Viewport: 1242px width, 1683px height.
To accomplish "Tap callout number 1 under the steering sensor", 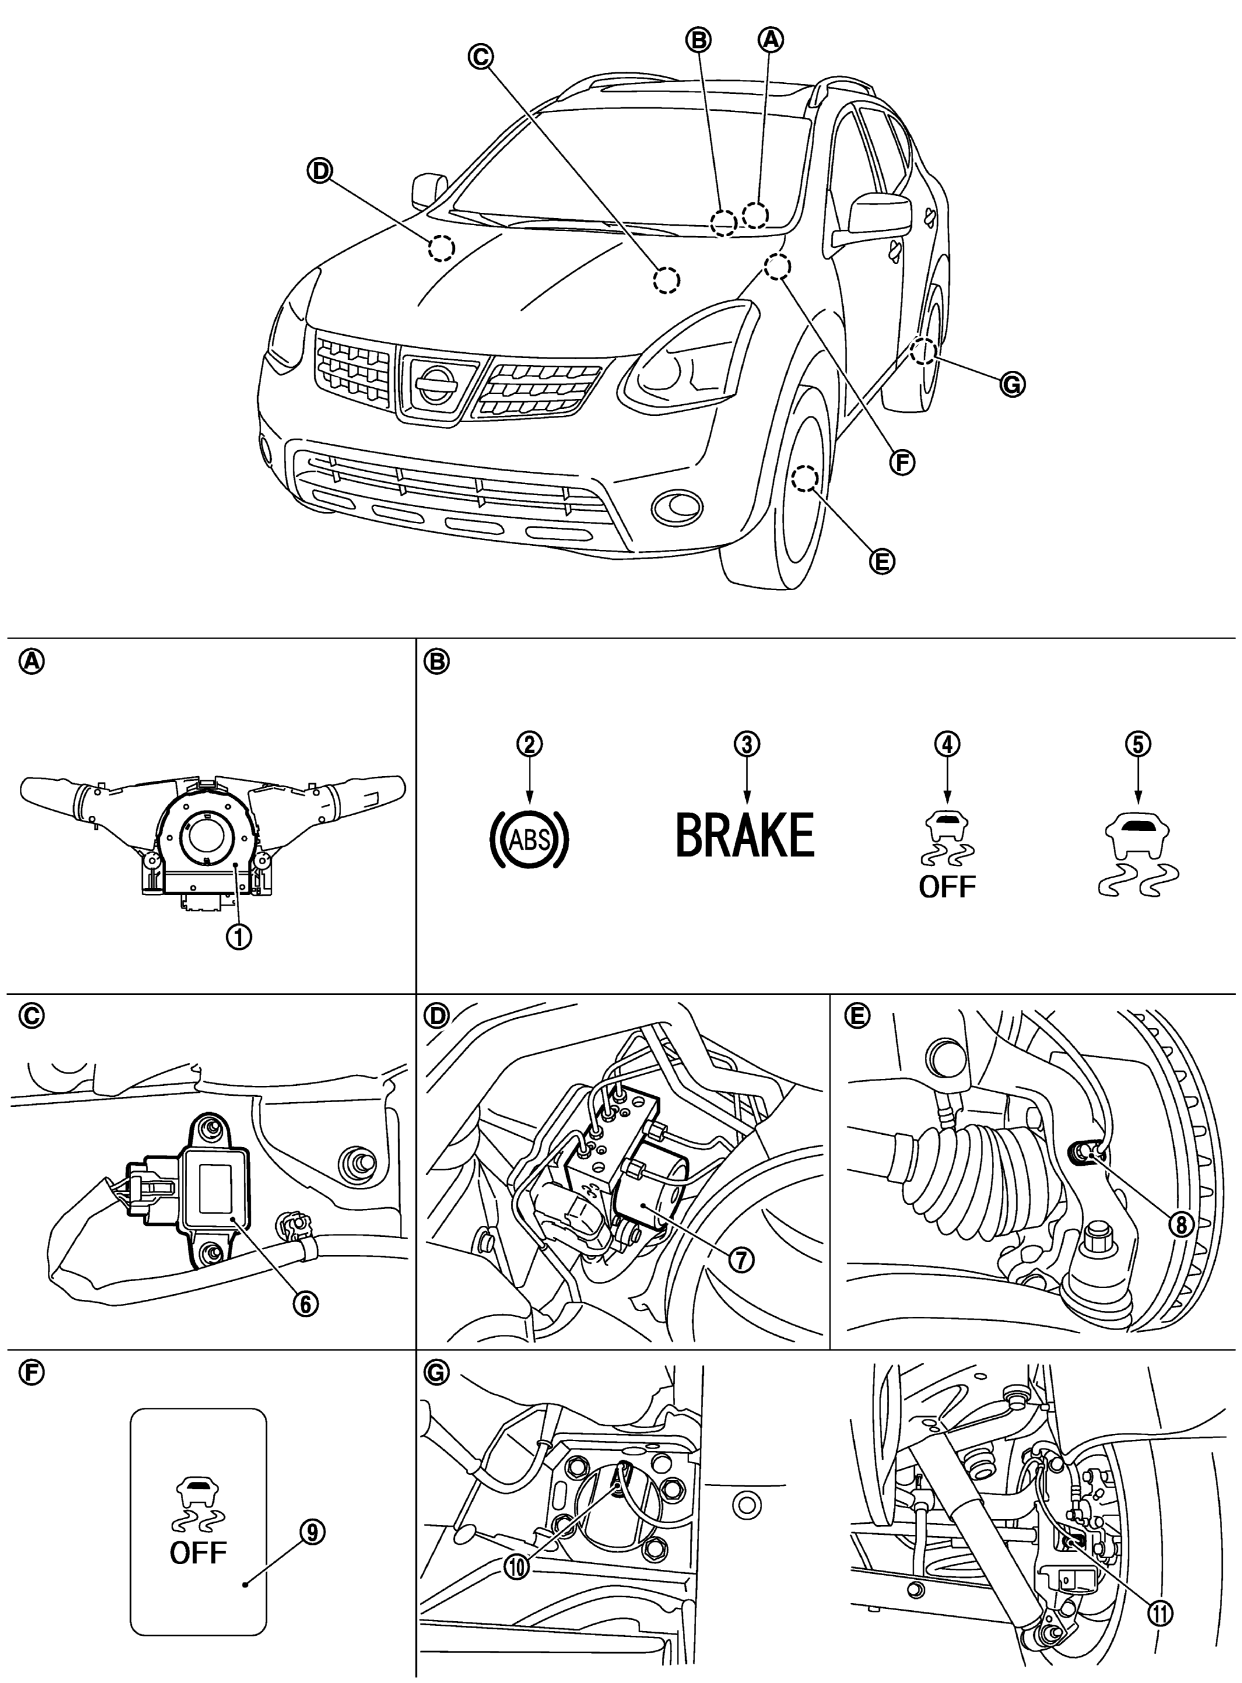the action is click(241, 937).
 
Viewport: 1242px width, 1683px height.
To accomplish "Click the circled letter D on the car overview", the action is click(320, 171).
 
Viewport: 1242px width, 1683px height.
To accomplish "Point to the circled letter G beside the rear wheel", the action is click(1012, 385).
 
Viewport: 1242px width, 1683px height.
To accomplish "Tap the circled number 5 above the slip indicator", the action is click(1138, 744).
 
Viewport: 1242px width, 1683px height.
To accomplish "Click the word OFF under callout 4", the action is click(948, 887).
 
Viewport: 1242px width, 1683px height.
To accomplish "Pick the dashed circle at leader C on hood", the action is click(665, 280).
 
